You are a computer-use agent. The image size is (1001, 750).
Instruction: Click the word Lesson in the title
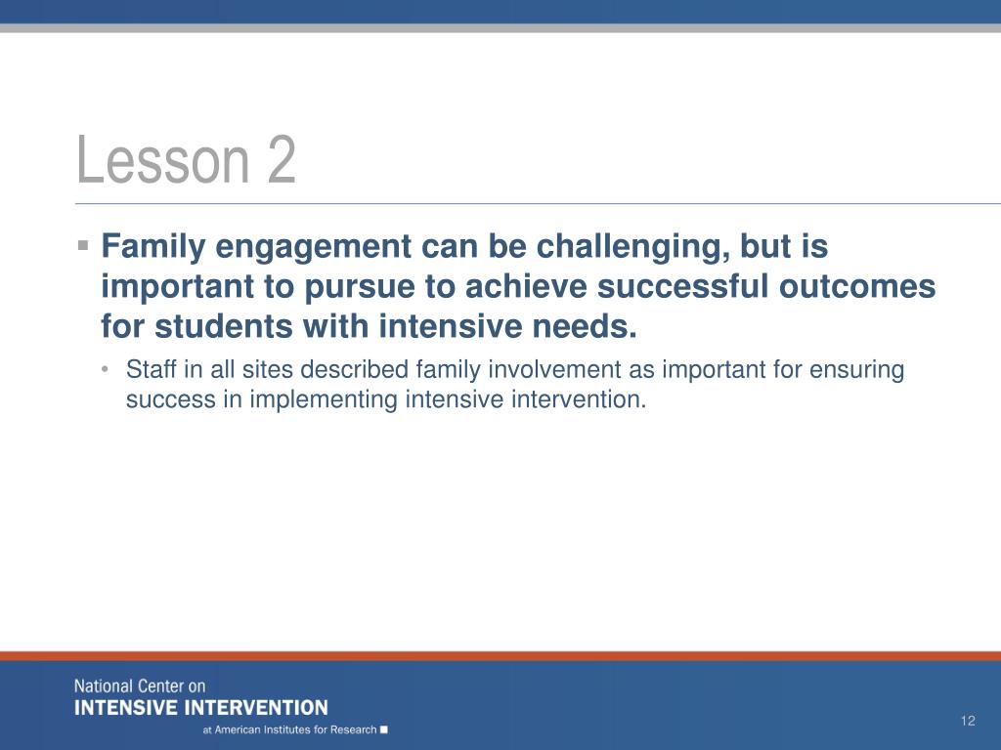tap(163, 159)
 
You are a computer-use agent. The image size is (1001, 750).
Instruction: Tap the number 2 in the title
tap(282, 159)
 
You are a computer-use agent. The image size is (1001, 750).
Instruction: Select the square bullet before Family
tap(82, 245)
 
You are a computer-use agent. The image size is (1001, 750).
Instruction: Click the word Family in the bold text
tap(153, 247)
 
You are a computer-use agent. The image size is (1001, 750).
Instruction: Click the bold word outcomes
tap(857, 286)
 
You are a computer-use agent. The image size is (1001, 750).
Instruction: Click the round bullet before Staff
tap(105, 368)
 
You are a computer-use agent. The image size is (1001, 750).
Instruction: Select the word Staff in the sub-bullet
tap(151, 369)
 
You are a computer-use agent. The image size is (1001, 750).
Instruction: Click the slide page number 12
tap(968, 721)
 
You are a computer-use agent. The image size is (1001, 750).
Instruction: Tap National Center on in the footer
tap(140, 687)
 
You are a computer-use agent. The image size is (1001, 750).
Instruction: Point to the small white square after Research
tap(383, 729)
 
